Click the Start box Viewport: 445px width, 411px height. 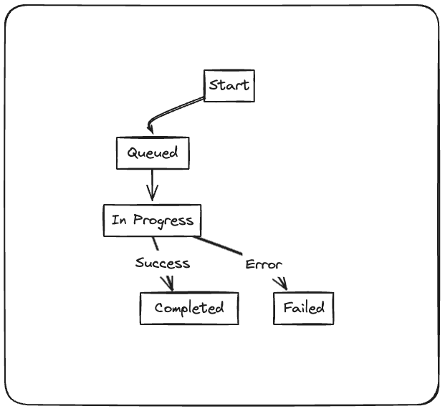(229, 86)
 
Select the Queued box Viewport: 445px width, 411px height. (153, 153)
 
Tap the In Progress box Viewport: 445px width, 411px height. (152, 221)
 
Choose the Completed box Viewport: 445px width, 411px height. (189, 309)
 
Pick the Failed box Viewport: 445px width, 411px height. (303, 309)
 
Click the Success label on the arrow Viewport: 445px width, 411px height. (163, 263)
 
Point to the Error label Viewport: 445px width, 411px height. (264, 265)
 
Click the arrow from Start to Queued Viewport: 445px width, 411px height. (175, 111)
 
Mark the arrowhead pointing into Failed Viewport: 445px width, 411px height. (282, 285)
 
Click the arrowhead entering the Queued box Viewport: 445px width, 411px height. (150, 130)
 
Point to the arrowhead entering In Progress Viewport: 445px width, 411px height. (152, 197)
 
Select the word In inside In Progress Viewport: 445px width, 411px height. (118, 221)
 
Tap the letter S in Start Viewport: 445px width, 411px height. (214, 86)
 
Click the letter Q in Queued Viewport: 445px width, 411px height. (133, 153)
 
